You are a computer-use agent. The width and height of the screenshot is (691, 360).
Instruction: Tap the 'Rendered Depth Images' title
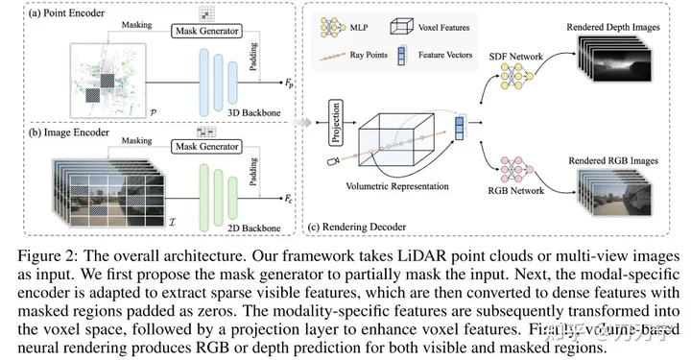pyautogui.click(x=613, y=27)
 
